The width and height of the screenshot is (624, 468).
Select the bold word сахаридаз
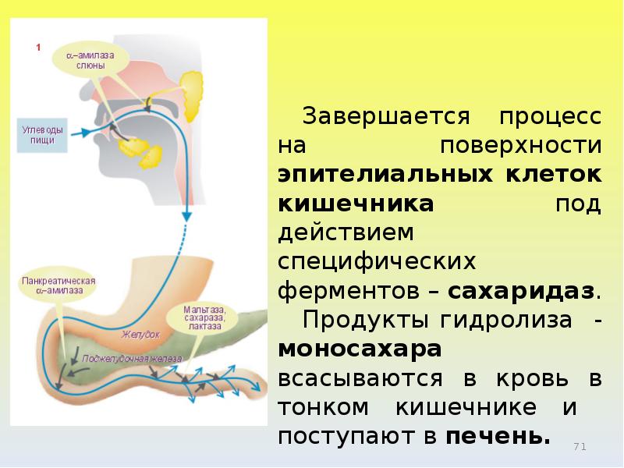click(x=523, y=292)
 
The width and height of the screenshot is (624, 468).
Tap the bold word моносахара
click(x=360, y=349)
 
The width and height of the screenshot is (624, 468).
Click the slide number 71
click(x=579, y=446)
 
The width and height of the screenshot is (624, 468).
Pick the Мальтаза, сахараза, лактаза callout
click(x=204, y=317)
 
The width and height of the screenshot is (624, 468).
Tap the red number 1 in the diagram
click(x=37, y=48)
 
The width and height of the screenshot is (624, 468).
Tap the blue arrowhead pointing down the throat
click(x=186, y=214)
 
